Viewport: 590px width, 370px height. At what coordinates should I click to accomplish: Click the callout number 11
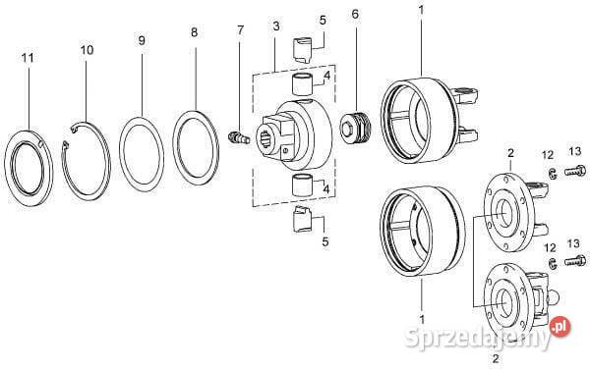point(28,58)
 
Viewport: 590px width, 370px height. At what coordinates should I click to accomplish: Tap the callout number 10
point(87,50)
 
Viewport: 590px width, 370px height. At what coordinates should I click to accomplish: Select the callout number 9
point(142,40)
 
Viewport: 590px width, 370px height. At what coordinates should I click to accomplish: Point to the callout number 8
point(194,32)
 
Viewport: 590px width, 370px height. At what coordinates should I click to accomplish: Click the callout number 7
point(241,30)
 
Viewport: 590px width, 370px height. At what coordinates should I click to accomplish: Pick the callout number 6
point(355,15)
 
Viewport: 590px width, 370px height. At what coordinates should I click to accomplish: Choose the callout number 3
point(276,26)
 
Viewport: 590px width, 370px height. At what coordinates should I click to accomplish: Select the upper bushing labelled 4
point(302,84)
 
